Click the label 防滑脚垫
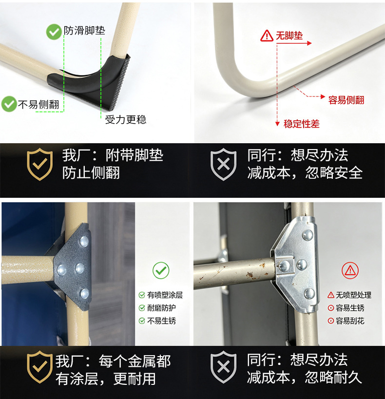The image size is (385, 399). [x=84, y=30]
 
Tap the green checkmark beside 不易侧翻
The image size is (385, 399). [x=9, y=104]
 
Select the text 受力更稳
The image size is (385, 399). [x=126, y=119]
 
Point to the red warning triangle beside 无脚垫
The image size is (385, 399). [x=267, y=36]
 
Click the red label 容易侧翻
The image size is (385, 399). [x=346, y=100]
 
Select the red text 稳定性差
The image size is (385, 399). [x=302, y=124]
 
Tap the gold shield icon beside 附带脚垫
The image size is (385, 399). [x=40, y=164]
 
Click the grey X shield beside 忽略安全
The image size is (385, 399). [x=223, y=164]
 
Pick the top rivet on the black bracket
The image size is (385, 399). [x=84, y=241]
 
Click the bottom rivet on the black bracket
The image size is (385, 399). [x=85, y=293]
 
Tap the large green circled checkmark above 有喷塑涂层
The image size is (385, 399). [x=161, y=270]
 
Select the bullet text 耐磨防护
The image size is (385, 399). [x=161, y=308]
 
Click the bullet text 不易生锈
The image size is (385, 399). [x=161, y=321]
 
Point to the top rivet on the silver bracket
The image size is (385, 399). [x=308, y=235]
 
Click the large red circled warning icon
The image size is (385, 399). [x=350, y=270]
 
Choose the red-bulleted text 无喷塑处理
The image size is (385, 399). [x=353, y=295]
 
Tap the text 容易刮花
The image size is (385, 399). [x=350, y=321]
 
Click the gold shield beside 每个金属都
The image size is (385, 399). [x=39, y=367]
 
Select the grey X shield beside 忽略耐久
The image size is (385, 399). [x=223, y=367]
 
